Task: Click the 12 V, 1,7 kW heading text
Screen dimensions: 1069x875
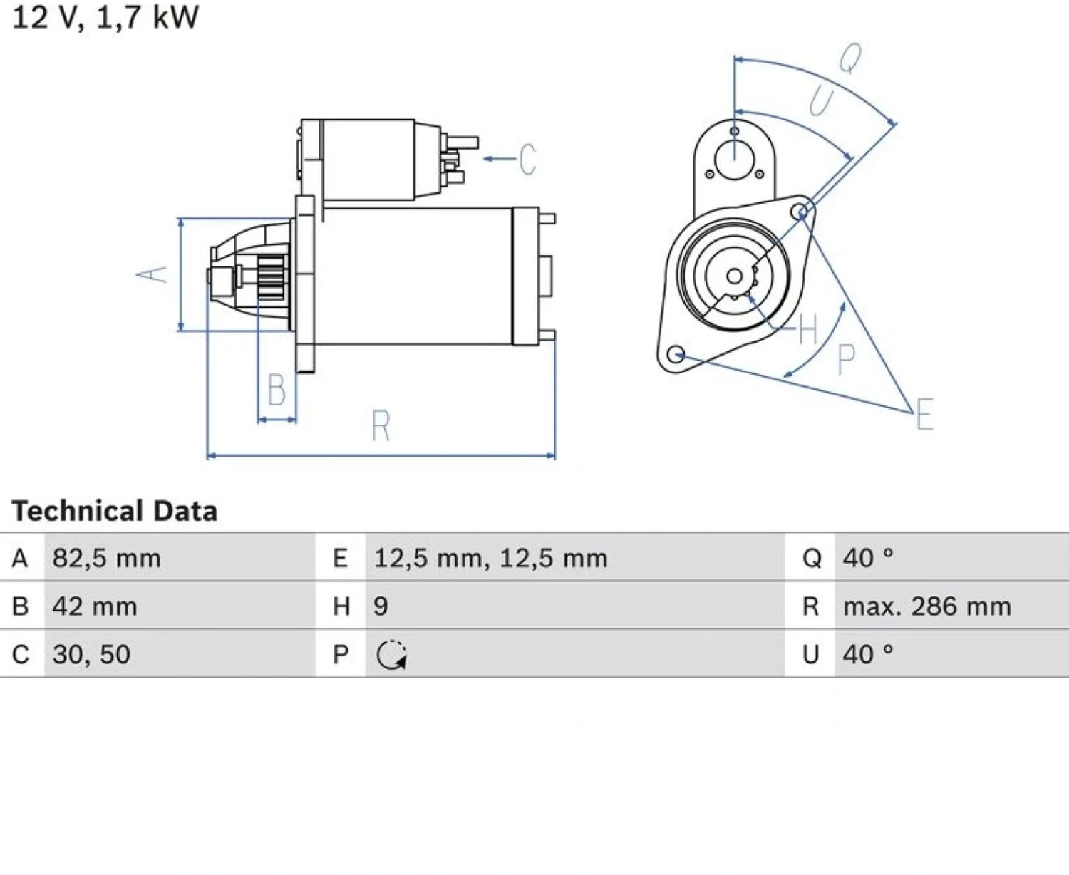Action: coord(105,18)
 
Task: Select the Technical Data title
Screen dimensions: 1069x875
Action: coord(115,511)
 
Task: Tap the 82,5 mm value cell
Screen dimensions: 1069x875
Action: coord(107,558)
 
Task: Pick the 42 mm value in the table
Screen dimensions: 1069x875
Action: coord(95,606)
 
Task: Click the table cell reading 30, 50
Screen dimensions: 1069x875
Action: coord(91,654)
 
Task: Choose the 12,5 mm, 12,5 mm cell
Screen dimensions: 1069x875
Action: coord(490,558)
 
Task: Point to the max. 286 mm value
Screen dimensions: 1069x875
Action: coord(927,606)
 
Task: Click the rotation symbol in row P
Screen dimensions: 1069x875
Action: coord(391,655)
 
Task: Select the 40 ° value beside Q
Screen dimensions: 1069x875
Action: coord(868,558)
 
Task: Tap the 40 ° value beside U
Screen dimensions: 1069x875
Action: coord(868,654)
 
